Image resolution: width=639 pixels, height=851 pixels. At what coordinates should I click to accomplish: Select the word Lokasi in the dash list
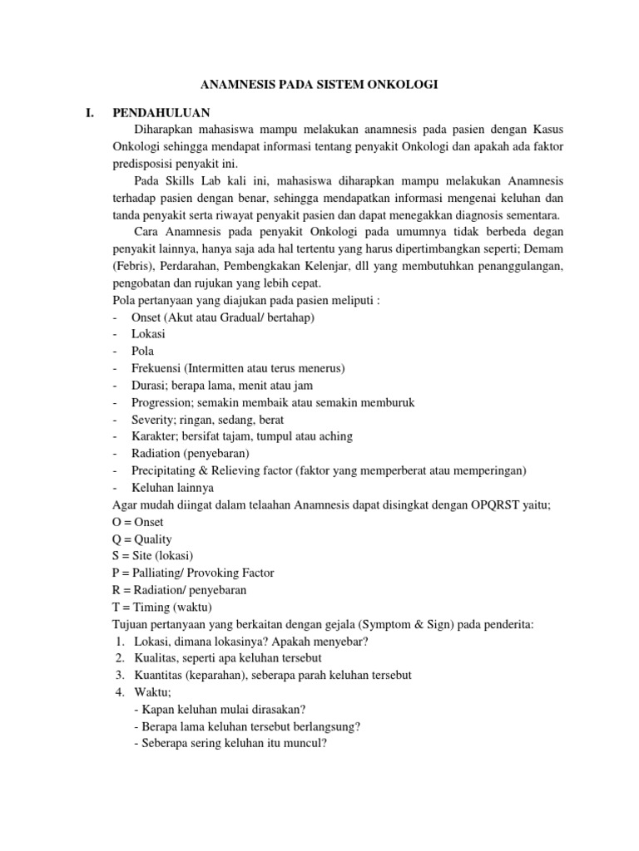click(148, 333)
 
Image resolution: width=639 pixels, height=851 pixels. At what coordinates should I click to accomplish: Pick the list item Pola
click(142, 351)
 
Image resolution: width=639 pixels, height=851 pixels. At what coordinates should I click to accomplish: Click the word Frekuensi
click(158, 368)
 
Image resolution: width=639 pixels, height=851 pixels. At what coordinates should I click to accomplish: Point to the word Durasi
click(151, 386)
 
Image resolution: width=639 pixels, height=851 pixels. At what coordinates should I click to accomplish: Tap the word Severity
click(152, 420)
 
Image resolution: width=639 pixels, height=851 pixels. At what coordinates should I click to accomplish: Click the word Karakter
click(153, 436)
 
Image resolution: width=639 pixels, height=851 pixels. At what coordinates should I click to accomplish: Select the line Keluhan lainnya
click(172, 488)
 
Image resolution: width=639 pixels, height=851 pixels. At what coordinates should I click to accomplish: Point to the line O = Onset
click(137, 522)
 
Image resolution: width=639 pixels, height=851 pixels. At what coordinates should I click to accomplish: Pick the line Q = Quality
click(141, 539)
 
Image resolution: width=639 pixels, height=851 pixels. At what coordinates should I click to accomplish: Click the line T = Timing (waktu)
click(162, 608)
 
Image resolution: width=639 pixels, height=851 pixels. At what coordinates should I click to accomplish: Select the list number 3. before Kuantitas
click(121, 676)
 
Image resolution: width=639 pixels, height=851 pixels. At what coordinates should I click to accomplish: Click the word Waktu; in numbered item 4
click(152, 692)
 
